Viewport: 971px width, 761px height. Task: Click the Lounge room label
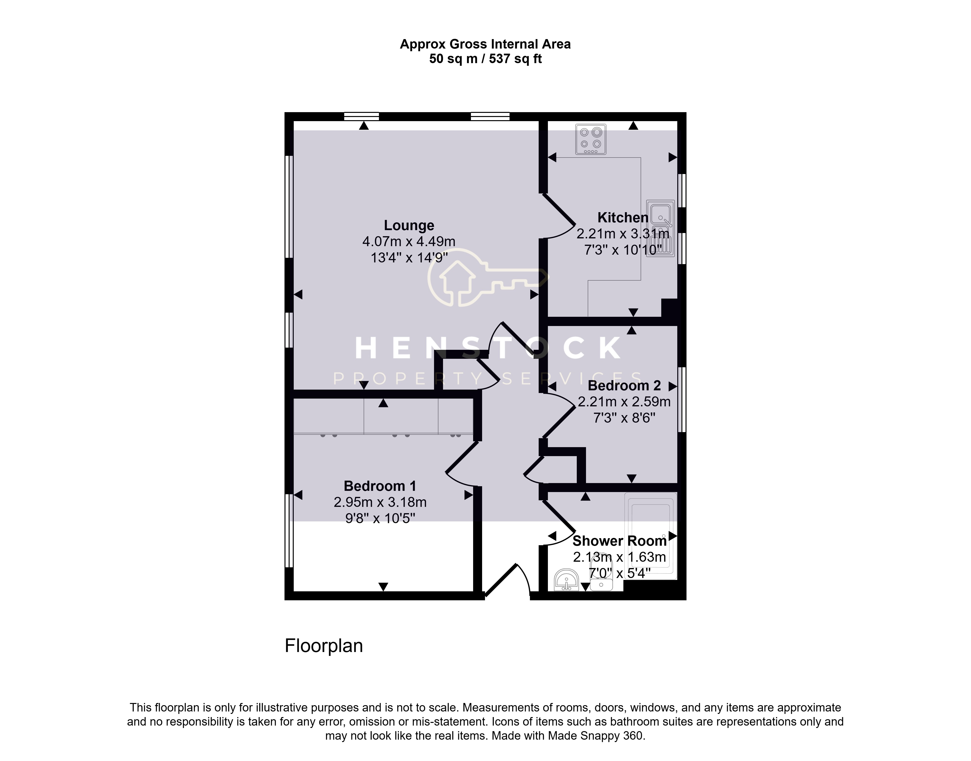point(409,226)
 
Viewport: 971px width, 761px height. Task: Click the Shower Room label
point(619,541)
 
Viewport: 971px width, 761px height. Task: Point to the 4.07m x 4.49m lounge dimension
point(409,242)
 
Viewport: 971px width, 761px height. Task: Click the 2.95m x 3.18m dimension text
point(380,502)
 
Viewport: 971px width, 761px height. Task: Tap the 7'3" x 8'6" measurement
point(624,418)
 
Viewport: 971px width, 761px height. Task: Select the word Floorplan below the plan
point(324,646)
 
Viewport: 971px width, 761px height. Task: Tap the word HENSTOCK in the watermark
point(488,348)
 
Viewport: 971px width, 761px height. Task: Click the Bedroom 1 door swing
point(462,463)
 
